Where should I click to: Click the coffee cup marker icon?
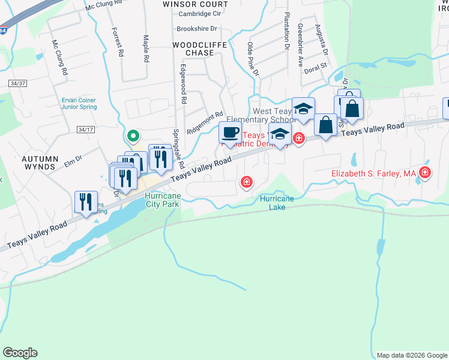[230, 133]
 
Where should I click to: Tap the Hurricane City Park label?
[162, 200]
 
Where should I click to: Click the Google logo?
[20, 353]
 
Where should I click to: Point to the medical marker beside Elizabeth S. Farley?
[425, 174]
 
